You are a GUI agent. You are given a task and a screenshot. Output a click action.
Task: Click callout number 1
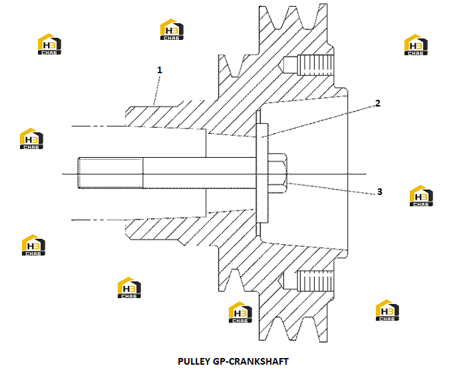pyautogui.click(x=160, y=71)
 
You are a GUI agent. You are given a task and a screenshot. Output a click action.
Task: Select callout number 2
pyautogui.click(x=378, y=103)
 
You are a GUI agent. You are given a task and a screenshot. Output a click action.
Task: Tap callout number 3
pyautogui.click(x=379, y=192)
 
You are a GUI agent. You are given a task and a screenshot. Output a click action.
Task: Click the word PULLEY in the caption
pyautogui.click(x=194, y=361)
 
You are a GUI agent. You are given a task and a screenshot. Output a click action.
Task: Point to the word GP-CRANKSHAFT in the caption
pyautogui.click(x=251, y=361)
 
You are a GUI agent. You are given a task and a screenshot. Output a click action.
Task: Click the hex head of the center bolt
pyautogui.click(x=277, y=174)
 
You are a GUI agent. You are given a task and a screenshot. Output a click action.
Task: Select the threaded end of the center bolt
pyautogui.click(x=110, y=173)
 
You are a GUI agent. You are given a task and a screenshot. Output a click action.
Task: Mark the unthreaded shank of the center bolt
pyautogui.click(x=200, y=173)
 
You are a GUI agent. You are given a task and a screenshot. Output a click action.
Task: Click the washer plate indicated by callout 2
pyautogui.click(x=262, y=173)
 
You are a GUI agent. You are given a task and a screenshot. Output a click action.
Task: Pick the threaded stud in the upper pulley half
pyautogui.click(x=315, y=65)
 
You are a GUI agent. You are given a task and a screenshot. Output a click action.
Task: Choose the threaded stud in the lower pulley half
pyautogui.click(x=315, y=280)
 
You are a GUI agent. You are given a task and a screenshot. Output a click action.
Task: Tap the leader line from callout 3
pyautogui.click(x=332, y=188)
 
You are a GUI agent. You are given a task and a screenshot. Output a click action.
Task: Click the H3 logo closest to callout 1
pyautogui.click(x=172, y=29)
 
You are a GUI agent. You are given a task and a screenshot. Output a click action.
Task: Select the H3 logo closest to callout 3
pyautogui.click(x=421, y=196)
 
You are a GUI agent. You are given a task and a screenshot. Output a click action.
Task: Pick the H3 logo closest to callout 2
pyautogui.click(x=416, y=45)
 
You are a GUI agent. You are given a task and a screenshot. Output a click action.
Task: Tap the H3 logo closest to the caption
pyautogui.click(x=240, y=312)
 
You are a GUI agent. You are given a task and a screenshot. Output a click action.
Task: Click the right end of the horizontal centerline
pyautogui.click(x=366, y=174)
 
